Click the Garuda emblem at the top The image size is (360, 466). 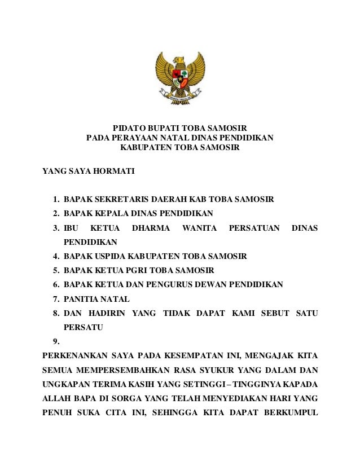pos(180,78)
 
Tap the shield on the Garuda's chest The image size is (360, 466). pos(180,78)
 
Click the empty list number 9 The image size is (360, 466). pos(55,341)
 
